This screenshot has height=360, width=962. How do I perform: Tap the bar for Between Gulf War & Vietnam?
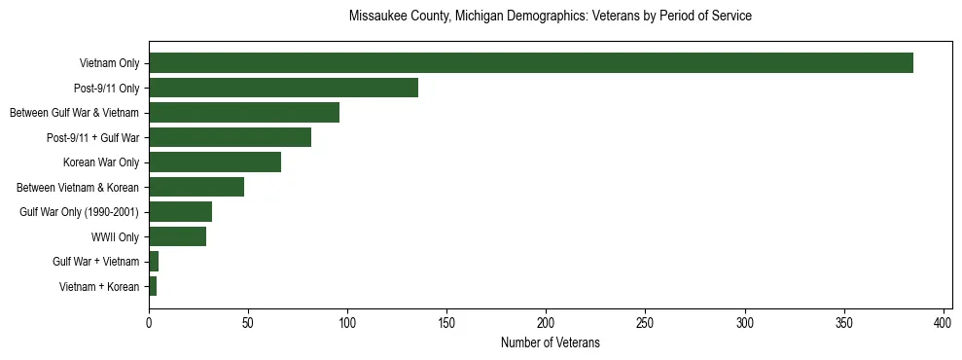pos(244,113)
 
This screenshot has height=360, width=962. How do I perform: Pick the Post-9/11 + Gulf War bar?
pos(230,137)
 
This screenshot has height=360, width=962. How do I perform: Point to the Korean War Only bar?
pos(215,162)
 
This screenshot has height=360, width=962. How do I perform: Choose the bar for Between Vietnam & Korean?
pos(196,187)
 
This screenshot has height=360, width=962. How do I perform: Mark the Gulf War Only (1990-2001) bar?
pos(180,212)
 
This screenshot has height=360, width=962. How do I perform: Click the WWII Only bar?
pos(177,236)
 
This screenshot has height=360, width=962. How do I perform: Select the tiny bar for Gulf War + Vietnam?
pos(154,262)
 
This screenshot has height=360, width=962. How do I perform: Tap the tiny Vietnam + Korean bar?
pos(153,286)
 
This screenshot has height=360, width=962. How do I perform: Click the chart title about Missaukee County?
pos(550,17)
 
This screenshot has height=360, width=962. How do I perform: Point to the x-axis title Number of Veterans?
pos(550,343)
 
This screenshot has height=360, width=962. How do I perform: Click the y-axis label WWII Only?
pos(115,236)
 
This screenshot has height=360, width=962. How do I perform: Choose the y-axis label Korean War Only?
pos(101,162)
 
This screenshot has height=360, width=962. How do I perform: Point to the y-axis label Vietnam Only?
pos(109,63)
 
